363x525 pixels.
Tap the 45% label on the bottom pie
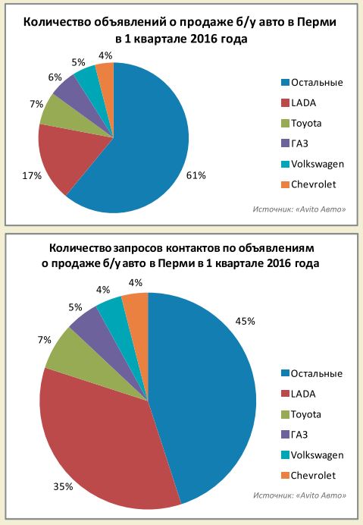point(265,321)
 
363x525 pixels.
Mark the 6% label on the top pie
point(55,77)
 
